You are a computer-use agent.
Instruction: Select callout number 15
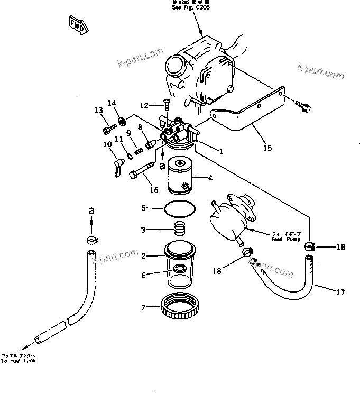tap(267, 148)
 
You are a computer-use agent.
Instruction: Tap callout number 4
tap(210, 178)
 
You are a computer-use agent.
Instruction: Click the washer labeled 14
tap(122, 122)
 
